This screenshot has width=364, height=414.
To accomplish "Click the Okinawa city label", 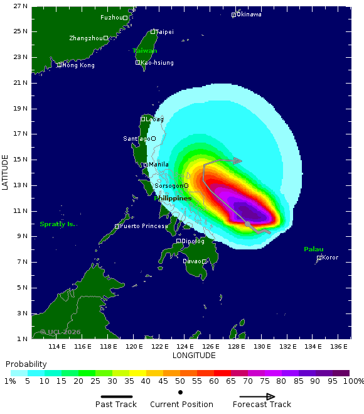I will [x=250, y=14].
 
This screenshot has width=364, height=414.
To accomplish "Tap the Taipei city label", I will [x=164, y=31].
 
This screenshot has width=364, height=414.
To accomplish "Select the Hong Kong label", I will [x=78, y=65].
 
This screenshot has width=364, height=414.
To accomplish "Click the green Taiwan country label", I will [x=144, y=51].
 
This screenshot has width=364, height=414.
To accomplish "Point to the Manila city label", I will [x=158, y=165].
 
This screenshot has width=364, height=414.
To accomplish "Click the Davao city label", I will [x=191, y=261].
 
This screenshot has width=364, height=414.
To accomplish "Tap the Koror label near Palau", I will [x=329, y=258].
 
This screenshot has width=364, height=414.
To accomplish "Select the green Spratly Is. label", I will [x=57, y=224].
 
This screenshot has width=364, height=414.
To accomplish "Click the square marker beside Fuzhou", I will [x=125, y=18].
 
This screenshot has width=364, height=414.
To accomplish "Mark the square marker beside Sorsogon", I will [x=186, y=185].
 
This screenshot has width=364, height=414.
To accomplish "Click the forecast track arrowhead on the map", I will [x=238, y=161].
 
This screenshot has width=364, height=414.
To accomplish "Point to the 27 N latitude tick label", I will [x=20, y=6].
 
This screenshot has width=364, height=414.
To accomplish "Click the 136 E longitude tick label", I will [x=340, y=346].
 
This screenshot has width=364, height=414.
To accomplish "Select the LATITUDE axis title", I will [x=5, y=172].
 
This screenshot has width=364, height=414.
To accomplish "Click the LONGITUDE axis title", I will [x=194, y=356].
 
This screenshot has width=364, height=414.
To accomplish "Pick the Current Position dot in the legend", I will [x=180, y=393].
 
